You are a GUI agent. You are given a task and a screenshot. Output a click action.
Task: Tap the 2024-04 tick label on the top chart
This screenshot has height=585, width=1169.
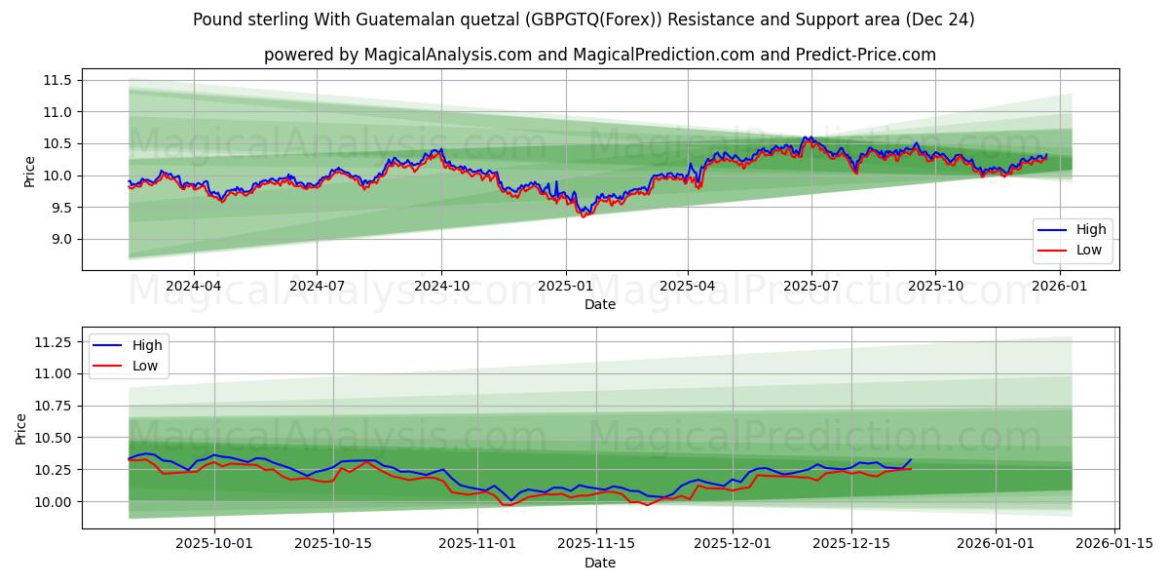pos(193,286)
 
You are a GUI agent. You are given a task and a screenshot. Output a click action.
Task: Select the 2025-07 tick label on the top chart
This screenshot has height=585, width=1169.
pos(811,286)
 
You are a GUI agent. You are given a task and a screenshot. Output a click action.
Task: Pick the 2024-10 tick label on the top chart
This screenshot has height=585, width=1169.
pos(441,286)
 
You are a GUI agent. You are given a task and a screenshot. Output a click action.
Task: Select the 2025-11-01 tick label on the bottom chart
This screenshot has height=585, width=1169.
pos(477,544)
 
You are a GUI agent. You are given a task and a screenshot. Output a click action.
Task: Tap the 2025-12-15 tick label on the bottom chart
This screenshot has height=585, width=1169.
pos(851,544)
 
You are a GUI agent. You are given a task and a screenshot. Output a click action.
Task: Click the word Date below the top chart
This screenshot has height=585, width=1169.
pos(600,304)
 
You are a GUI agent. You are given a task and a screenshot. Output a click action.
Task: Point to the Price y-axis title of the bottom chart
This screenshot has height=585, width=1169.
pos(21,428)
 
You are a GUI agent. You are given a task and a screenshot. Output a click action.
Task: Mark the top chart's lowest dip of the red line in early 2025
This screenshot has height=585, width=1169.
pos(584,216)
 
